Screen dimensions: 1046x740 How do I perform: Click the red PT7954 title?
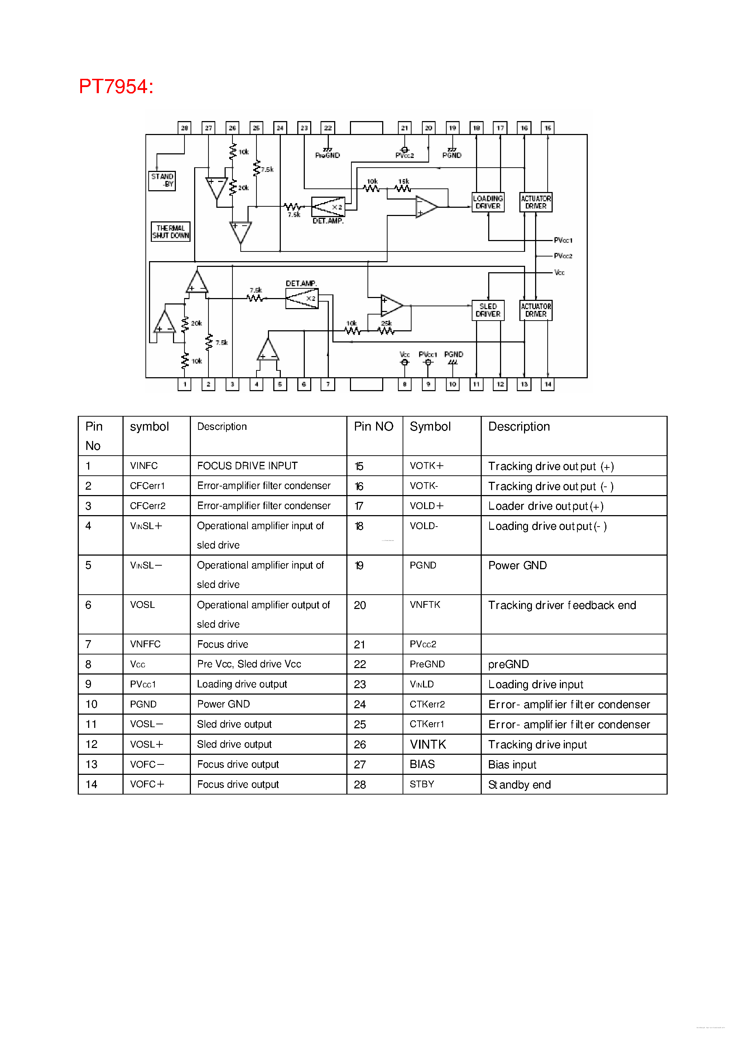(116, 87)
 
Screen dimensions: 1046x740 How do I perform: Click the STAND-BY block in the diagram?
(162, 181)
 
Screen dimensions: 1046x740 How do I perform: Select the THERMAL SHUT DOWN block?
(170, 231)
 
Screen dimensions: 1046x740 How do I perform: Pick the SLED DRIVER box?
(488, 310)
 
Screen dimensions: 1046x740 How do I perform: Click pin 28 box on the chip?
(184, 128)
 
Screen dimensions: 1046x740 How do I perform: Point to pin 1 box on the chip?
(184, 384)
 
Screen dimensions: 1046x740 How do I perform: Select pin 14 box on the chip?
(548, 384)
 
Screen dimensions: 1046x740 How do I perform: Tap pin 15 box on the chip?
(548, 128)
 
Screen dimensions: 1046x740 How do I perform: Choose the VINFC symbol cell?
(144, 466)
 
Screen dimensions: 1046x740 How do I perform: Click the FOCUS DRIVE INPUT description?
(248, 466)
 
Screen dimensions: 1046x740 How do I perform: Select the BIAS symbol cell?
(422, 764)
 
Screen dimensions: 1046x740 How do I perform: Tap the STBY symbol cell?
(422, 784)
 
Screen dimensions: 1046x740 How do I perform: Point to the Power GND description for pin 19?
(518, 565)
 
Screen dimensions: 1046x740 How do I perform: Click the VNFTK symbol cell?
(425, 605)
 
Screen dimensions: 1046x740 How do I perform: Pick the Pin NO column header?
(374, 426)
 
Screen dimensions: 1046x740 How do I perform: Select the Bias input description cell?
(512, 764)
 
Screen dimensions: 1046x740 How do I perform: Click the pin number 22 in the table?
(360, 664)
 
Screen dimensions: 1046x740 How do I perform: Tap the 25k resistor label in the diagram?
(386, 323)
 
